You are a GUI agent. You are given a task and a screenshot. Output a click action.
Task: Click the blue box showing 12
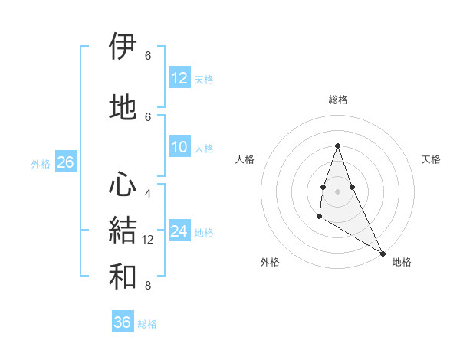[x=179, y=78]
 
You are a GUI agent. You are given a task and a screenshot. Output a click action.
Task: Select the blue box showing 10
[x=179, y=147]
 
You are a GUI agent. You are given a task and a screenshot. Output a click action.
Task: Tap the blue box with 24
[x=179, y=231]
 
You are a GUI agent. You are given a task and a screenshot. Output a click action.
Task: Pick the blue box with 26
[x=65, y=162]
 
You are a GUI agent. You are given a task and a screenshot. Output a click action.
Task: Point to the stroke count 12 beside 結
[x=149, y=240]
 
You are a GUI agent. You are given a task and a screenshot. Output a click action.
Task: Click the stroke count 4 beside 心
[x=148, y=193]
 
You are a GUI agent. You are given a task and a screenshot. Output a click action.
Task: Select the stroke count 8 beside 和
[x=148, y=286]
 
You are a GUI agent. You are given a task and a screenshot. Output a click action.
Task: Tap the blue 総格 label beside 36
[x=147, y=324]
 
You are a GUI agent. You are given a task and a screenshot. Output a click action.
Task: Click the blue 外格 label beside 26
[x=41, y=163]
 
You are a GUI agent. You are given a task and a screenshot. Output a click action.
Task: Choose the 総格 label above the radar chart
[x=337, y=100]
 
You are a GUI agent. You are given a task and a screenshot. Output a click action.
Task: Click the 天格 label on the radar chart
[x=431, y=159]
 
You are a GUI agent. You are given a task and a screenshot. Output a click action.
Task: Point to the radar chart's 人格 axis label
[x=245, y=159]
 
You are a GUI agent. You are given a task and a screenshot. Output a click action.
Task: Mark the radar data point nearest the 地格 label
[x=383, y=254]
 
